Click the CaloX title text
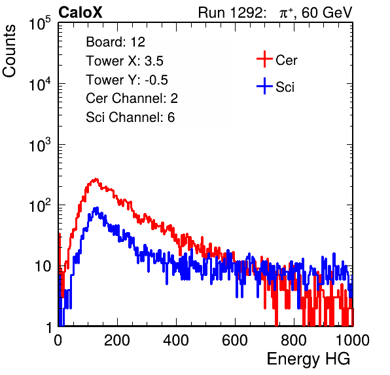pyautogui.click(x=80, y=12)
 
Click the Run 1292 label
pyautogui.click(x=230, y=12)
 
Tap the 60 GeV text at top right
pyautogui.click(x=327, y=12)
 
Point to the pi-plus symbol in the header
pyautogui.click(x=286, y=13)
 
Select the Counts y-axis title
pyautogui.click(x=9, y=51)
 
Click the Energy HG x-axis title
pyautogui.click(x=308, y=359)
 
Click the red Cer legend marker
pyautogui.click(x=264, y=59)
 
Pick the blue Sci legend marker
pyautogui.click(x=264, y=86)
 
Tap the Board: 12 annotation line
pyautogui.click(x=115, y=42)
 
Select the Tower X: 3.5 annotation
pyautogui.click(x=124, y=61)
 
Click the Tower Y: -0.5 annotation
pyautogui.click(x=127, y=80)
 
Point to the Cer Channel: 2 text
pyautogui.click(x=132, y=98)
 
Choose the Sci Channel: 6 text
pyautogui.click(x=130, y=117)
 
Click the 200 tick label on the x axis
pyautogui.click(x=117, y=340)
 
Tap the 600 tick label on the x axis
pyautogui.click(x=235, y=340)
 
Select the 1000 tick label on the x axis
pyautogui.click(x=353, y=340)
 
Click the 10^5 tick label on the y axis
pyautogui.click(x=40, y=24)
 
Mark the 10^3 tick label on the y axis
pyautogui.click(x=40, y=146)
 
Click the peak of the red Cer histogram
pyautogui.click(x=96, y=179)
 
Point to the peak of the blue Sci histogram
pyautogui.click(x=96, y=208)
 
